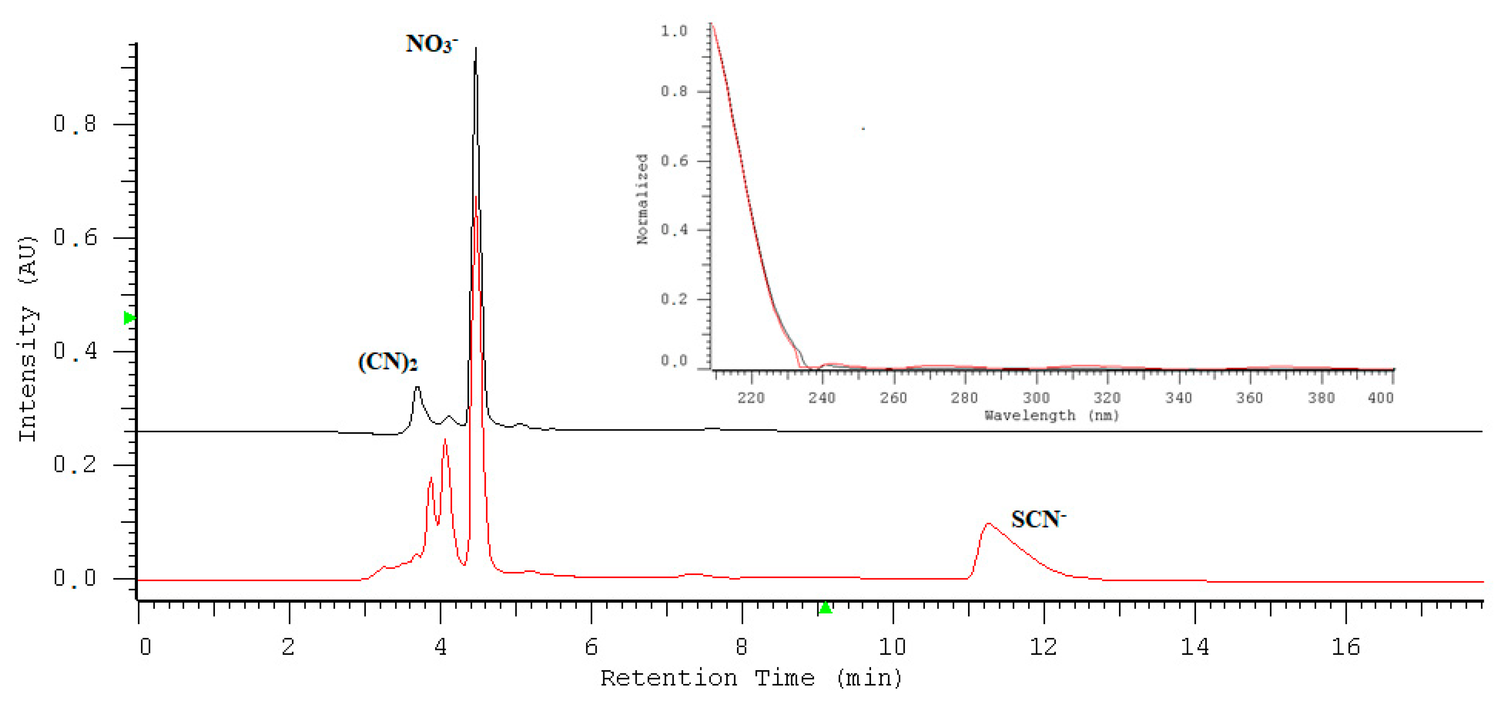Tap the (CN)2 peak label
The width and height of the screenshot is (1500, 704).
(387, 362)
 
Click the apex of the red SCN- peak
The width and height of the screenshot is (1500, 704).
(988, 524)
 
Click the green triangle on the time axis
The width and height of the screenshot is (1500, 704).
(825, 608)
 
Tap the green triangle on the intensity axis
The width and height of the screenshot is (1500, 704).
(129, 318)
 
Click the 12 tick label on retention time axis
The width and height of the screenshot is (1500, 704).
(1043, 647)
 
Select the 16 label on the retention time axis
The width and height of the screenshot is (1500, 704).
(1345, 647)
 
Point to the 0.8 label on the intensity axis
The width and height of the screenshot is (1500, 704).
(75, 124)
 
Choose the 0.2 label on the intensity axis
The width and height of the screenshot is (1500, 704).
(75, 464)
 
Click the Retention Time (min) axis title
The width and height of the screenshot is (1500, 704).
(751, 678)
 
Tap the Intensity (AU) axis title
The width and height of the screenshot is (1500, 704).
(27, 339)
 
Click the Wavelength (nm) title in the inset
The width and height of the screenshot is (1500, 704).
(1052, 415)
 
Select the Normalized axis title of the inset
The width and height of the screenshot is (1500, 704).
(642, 199)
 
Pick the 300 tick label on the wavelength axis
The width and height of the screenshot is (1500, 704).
(1036, 398)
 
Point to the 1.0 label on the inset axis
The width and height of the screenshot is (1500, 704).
(674, 31)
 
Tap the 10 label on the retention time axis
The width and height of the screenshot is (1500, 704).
(892, 647)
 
